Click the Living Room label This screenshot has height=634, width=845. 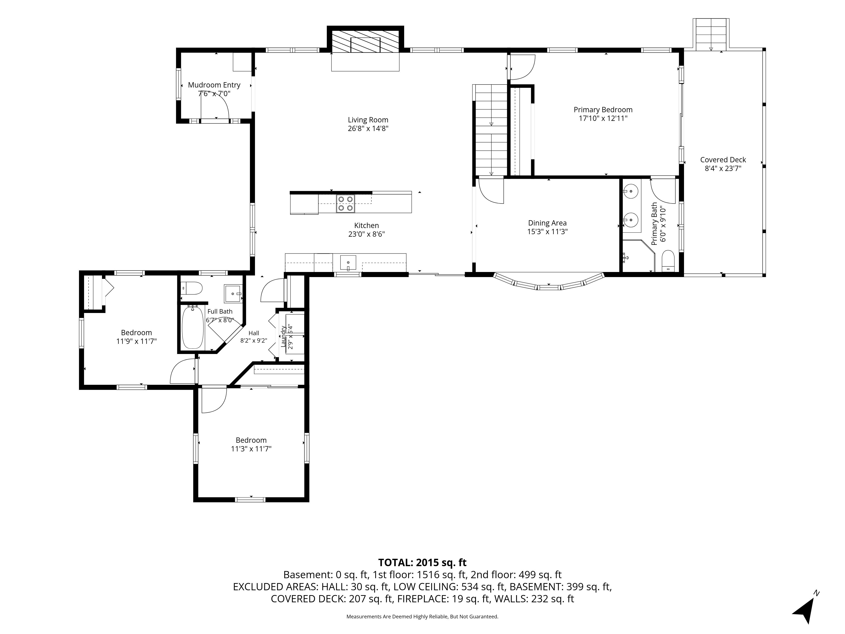[x=368, y=120]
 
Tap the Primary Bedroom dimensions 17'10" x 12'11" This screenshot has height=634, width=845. [x=603, y=119]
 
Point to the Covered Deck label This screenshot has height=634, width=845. [x=723, y=160]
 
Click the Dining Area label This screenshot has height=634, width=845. [x=547, y=223]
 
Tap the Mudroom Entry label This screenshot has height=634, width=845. [x=214, y=85]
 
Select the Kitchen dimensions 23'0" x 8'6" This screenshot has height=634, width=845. [x=366, y=234]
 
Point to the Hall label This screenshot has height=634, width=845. [x=254, y=333]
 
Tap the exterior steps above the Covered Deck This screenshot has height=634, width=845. [x=710, y=34]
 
